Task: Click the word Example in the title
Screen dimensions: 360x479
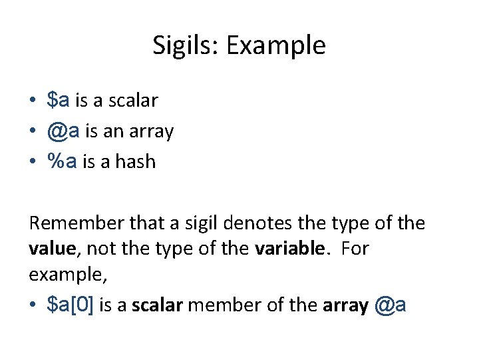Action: tap(275, 46)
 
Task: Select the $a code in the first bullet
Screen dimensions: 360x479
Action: tap(59, 101)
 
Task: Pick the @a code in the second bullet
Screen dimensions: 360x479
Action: tap(63, 131)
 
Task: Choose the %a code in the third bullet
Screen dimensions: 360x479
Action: tap(63, 162)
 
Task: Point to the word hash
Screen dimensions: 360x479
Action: tap(136, 162)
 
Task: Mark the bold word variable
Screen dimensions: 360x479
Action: tap(290, 249)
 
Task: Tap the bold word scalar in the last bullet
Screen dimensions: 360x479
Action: tap(154, 305)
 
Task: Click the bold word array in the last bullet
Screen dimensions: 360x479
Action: tap(345, 305)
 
